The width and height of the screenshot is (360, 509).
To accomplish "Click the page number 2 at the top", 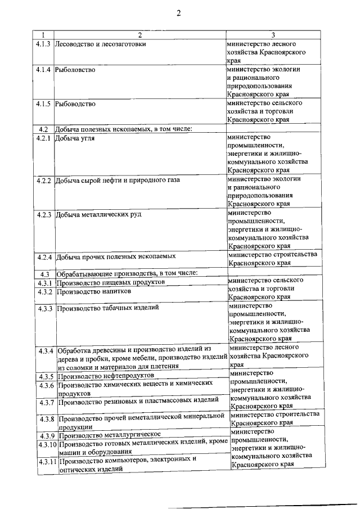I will click(x=178, y=14).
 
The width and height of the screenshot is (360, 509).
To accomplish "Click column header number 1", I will click(x=42, y=36).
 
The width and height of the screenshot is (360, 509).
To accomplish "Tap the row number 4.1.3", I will click(x=43, y=44).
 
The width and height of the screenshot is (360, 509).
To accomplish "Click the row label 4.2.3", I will click(x=43, y=215).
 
